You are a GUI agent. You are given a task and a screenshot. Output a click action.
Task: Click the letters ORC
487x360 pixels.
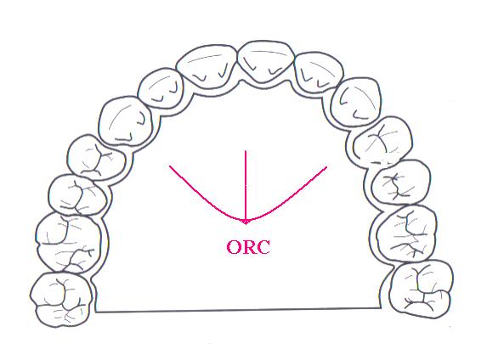[248, 247]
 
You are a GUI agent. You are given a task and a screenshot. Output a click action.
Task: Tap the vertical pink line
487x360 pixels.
[246, 186]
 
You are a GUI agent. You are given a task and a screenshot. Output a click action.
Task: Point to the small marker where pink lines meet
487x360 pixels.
[246, 222]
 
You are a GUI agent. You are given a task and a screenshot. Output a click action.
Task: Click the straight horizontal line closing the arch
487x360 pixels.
[238, 310]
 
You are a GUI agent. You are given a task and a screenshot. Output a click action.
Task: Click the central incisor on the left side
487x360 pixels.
[207, 65]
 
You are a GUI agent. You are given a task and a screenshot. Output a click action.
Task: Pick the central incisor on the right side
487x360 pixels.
[265, 61]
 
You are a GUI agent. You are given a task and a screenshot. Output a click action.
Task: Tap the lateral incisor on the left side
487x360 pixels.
[161, 88]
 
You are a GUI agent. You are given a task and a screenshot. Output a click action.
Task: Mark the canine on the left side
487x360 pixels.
[126, 121]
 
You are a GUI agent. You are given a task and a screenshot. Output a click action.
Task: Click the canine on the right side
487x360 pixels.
[356, 102]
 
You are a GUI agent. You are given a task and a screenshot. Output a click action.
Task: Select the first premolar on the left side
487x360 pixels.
[96, 158]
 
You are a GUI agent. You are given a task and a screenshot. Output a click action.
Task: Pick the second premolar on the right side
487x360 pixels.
[401, 183]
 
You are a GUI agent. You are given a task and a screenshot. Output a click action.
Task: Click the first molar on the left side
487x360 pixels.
[68, 243]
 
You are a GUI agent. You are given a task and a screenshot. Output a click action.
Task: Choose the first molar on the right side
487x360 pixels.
[407, 233]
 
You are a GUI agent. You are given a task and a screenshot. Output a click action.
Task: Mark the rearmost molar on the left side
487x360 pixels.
[61, 300]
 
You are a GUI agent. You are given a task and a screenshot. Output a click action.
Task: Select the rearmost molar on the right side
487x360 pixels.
[422, 290]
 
